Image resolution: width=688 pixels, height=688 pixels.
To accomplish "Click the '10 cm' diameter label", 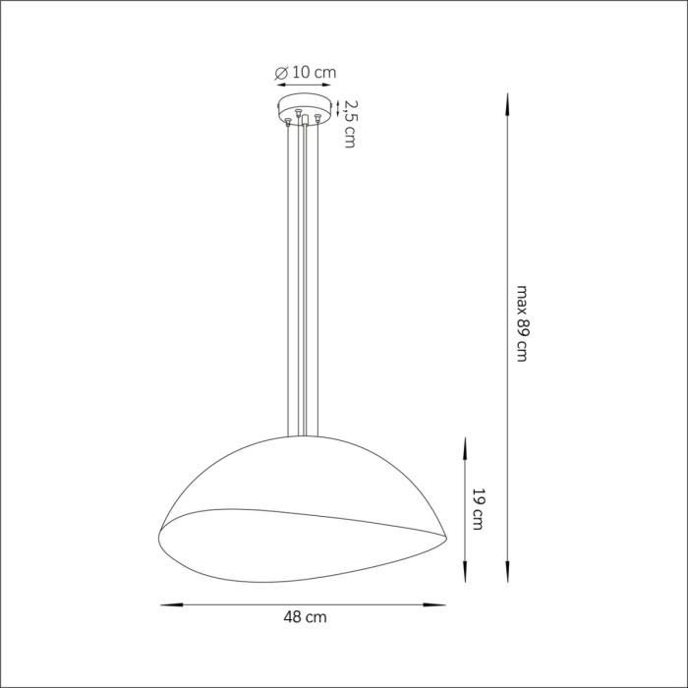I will tap(315, 72).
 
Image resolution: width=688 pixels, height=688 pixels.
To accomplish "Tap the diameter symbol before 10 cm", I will tap(282, 72).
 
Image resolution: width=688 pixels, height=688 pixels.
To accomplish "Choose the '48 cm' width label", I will tap(304, 617).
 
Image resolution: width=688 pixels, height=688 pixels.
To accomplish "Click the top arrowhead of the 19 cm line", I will tap(464, 443).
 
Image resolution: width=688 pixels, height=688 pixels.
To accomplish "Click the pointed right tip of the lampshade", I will tap(447, 536).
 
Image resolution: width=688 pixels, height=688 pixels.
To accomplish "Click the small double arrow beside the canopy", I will tap(339, 106).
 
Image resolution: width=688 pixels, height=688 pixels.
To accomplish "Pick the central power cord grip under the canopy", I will tap(305, 121).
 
